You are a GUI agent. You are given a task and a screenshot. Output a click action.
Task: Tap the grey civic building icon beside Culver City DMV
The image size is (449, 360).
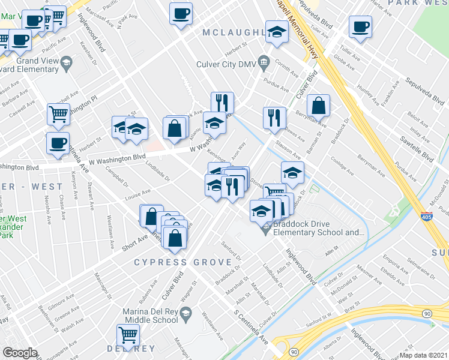263,62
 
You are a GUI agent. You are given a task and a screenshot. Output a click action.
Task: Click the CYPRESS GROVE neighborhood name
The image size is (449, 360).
175,262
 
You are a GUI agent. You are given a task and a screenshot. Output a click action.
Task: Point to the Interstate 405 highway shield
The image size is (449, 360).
426,218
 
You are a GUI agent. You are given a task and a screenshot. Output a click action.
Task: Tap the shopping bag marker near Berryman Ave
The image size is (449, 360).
319,106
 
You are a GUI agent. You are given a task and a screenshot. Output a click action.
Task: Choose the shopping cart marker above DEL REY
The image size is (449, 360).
127,335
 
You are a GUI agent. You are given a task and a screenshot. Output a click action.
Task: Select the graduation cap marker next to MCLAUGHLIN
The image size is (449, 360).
277,32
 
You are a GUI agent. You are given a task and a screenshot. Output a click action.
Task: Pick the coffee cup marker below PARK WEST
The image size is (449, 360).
360,27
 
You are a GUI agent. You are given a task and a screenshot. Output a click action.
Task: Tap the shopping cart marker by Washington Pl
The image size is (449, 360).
58,113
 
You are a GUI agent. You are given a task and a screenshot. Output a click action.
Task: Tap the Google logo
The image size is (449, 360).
20,353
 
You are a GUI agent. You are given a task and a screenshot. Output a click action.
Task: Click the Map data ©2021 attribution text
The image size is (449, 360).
424,355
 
